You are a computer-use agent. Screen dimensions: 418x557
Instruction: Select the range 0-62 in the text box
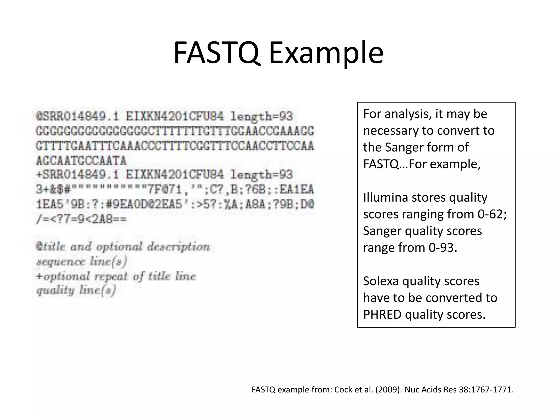[x=492, y=214]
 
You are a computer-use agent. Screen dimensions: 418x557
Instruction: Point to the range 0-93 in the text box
[x=442, y=248]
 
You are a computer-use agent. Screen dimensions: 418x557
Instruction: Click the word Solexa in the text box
[x=381, y=281]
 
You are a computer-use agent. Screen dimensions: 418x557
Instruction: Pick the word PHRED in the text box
[x=382, y=315]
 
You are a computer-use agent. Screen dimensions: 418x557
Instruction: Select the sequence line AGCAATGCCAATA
[x=81, y=161]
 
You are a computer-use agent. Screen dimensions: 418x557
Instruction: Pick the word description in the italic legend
[x=178, y=247]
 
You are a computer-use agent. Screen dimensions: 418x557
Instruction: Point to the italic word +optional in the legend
[x=63, y=276]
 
